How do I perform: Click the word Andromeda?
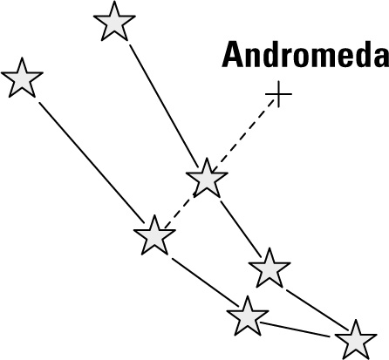(305, 54)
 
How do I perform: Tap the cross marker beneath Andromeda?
(278, 94)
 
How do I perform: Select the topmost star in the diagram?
(114, 22)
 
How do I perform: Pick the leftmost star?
(22, 78)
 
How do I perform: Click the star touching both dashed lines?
(207, 179)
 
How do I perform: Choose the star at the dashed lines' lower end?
(154, 236)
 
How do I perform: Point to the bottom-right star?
(356, 341)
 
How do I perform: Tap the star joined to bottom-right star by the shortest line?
(248, 317)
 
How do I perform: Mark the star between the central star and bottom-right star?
(270, 268)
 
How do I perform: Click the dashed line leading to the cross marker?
(243, 135)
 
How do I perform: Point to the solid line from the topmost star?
(164, 106)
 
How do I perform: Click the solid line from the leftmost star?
(92, 163)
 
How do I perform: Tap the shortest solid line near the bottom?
(295, 329)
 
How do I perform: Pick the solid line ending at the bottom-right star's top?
(317, 309)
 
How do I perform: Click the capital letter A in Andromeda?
(233, 54)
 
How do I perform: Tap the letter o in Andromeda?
(291, 58)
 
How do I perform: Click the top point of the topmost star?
(114, 1)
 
